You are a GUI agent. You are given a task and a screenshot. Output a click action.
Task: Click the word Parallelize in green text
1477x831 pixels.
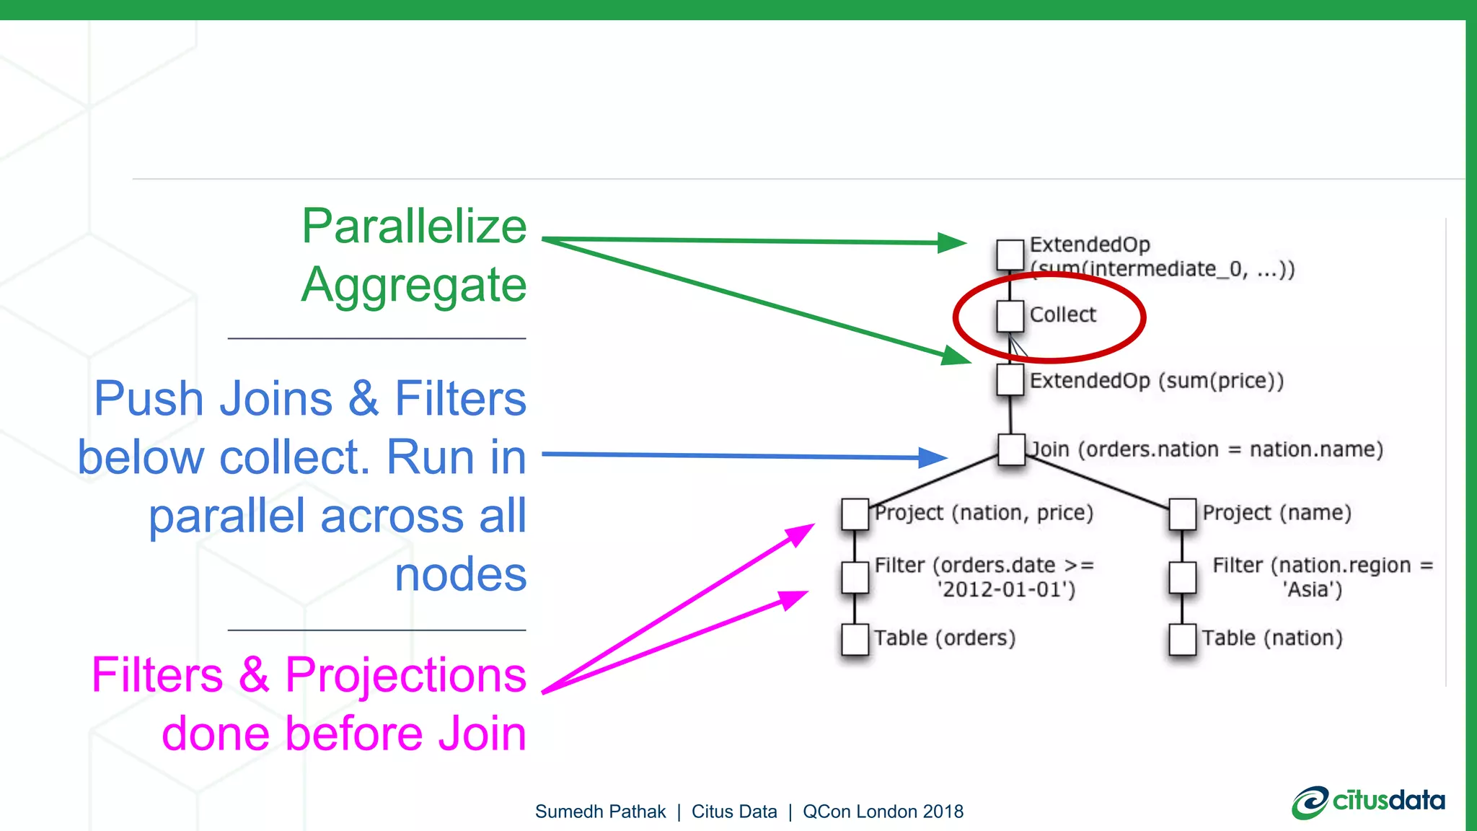[x=414, y=227]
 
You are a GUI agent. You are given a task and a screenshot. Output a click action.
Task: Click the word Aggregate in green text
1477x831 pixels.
[x=414, y=286]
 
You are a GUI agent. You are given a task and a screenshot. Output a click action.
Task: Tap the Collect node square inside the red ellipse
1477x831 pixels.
[x=1010, y=316]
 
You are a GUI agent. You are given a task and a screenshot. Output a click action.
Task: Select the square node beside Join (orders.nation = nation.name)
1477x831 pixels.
[x=1011, y=449]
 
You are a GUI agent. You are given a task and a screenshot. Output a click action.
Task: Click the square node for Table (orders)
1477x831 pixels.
[x=855, y=639]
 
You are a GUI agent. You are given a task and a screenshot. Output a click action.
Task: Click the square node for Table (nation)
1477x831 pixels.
[x=1183, y=639]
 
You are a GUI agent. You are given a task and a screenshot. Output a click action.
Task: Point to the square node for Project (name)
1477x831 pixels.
[x=1183, y=514]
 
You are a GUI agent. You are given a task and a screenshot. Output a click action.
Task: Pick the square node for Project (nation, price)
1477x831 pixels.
[x=855, y=514]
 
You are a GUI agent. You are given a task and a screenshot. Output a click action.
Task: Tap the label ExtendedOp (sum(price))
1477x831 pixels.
[x=1156, y=381]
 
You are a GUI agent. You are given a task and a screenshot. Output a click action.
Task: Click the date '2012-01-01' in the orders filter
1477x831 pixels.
[x=1007, y=590]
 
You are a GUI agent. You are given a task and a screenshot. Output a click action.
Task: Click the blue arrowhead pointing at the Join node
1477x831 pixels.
[x=933, y=457]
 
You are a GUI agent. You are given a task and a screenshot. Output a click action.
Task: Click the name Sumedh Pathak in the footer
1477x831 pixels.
[x=600, y=812]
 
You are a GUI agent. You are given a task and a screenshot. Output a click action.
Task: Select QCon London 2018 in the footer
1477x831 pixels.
[x=883, y=812]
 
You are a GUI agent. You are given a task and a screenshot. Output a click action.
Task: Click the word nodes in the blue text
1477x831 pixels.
[x=460, y=575]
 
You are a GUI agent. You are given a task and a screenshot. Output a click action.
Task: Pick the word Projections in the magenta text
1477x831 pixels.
[x=405, y=676]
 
